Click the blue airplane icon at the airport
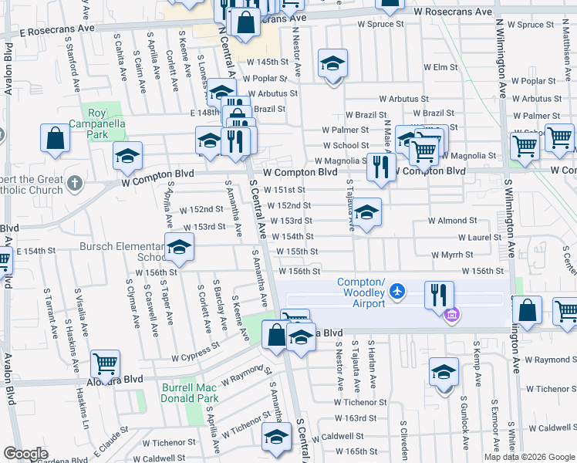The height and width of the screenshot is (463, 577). tap(397, 291)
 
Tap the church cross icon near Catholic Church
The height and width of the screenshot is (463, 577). tap(73, 183)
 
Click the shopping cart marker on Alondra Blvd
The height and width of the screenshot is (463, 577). tap(105, 362)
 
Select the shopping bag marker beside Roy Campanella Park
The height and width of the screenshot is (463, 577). tap(56, 139)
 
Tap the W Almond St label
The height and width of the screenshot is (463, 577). tap(453, 221)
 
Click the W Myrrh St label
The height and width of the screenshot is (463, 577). tap(451, 254)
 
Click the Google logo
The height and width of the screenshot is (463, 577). tap(26, 454)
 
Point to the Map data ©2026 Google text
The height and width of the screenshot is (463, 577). tap(528, 457)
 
